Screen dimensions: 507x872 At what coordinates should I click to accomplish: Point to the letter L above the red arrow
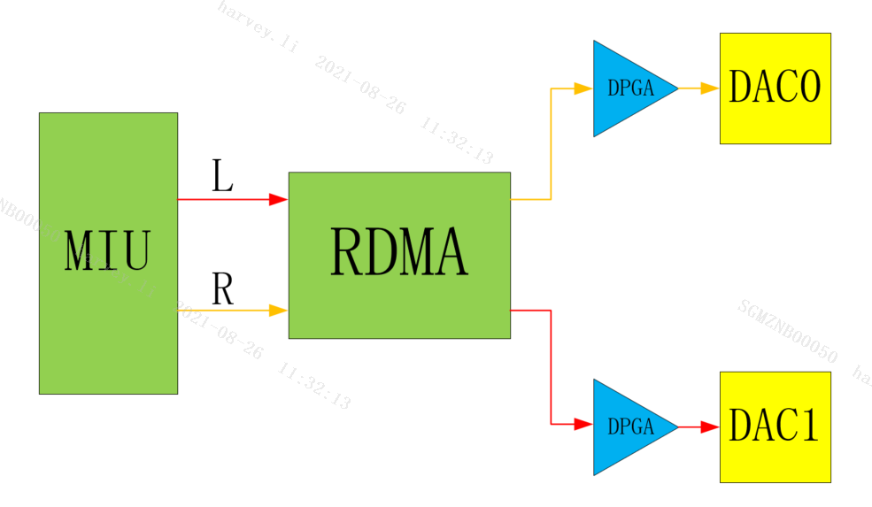pyautogui.click(x=222, y=177)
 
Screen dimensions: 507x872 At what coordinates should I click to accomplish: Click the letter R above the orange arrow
pyautogui.click(x=222, y=289)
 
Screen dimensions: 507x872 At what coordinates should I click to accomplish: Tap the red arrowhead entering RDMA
pyautogui.click(x=279, y=200)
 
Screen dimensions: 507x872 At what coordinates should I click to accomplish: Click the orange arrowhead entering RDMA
pyautogui.click(x=279, y=311)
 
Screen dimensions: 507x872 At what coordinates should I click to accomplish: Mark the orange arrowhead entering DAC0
pyautogui.click(x=710, y=88)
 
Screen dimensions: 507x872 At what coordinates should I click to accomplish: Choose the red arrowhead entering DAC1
pyautogui.click(x=710, y=427)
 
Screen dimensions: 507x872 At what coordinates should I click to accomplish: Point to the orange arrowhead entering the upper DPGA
pyautogui.click(x=583, y=88)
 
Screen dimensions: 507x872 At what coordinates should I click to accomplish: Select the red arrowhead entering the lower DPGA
pyautogui.click(x=583, y=425)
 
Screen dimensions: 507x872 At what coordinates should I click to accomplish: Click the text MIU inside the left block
pyautogui.click(x=107, y=251)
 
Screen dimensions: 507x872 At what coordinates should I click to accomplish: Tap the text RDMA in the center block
pyautogui.click(x=399, y=253)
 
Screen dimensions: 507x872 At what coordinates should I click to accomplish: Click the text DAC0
pyautogui.click(x=775, y=88)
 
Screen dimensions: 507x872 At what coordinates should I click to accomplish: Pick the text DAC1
pyautogui.click(x=775, y=426)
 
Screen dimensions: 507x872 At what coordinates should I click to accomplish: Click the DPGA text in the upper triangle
pyautogui.click(x=630, y=88)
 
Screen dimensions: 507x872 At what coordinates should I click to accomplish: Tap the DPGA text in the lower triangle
pyautogui.click(x=630, y=426)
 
